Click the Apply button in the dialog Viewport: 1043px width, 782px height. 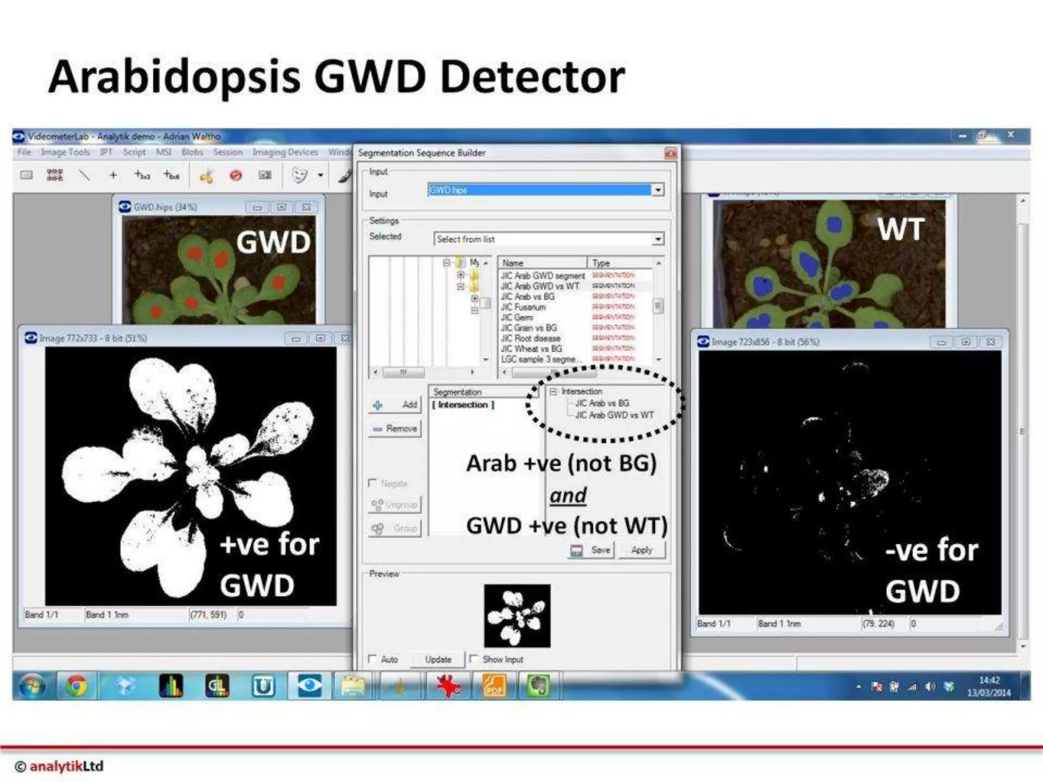tap(641, 550)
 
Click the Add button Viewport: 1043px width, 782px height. tap(395, 405)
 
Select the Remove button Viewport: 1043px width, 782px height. tap(395, 429)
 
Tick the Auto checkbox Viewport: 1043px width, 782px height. tap(373, 659)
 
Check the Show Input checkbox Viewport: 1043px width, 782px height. tap(474, 659)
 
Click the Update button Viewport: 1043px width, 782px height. tap(438, 659)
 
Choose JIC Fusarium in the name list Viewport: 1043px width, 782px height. tap(523, 307)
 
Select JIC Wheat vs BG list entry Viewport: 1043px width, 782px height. tap(531, 349)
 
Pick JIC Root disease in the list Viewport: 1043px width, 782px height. tap(530, 338)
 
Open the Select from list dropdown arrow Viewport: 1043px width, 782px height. tap(658, 239)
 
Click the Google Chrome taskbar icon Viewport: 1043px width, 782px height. tap(76, 686)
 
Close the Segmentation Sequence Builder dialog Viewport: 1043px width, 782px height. tap(671, 153)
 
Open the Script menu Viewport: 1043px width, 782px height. tap(134, 152)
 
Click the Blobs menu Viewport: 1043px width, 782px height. tap(192, 152)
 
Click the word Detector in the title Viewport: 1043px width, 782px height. tap(532, 77)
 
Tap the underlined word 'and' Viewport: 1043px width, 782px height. tap(568, 495)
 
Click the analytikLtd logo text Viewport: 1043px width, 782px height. tap(66, 766)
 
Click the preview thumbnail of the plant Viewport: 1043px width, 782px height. tap(517, 616)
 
